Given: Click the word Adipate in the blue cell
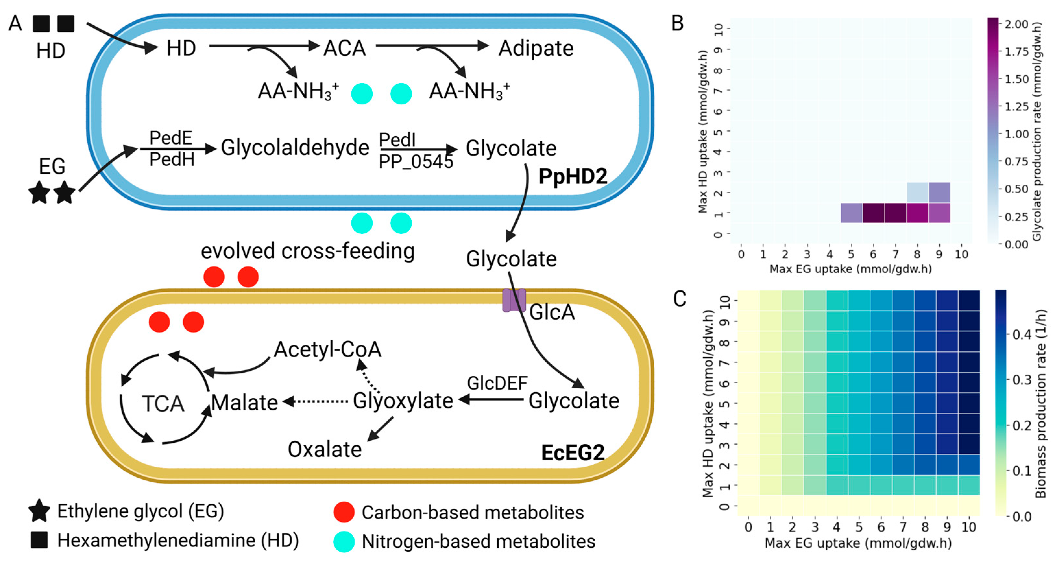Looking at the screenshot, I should (536, 48).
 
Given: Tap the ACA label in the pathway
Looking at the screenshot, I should (344, 48).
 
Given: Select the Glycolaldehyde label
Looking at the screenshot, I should (295, 147).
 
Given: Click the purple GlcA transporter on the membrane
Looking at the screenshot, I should (514, 300).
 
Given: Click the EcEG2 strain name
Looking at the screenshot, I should (573, 452).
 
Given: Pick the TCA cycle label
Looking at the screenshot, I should (163, 403).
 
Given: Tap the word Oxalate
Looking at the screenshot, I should (325, 449).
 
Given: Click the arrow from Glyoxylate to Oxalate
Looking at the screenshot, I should (381, 429).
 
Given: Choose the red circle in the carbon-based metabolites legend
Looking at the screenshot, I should (344, 512).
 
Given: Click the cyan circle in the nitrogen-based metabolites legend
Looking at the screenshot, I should (344, 541).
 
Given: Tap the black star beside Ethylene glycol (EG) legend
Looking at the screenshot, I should (39, 511).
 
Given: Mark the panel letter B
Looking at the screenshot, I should (677, 23).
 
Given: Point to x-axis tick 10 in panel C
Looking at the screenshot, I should (969, 527).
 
